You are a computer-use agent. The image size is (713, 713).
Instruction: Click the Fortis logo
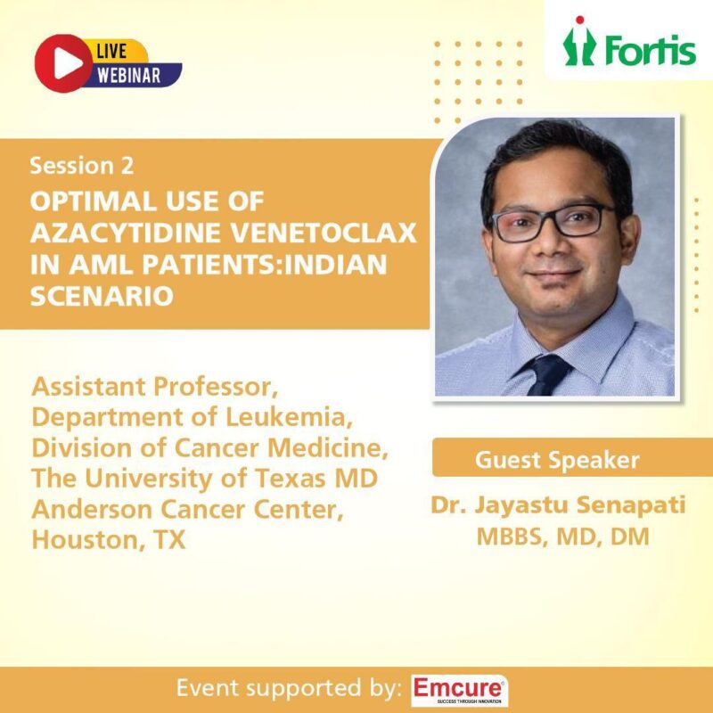pyautogui.click(x=629, y=45)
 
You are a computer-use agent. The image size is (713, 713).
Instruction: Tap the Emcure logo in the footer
pyautogui.click(x=459, y=690)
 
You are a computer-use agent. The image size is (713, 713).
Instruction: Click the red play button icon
pyautogui.click(x=59, y=60)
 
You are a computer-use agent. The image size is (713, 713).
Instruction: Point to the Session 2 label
pyautogui.click(x=82, y=166)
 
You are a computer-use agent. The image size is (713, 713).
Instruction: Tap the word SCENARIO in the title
pyautogui.click(x=102, y=296)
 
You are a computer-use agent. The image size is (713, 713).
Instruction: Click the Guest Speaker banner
pyautogui.click(x=556, y=460)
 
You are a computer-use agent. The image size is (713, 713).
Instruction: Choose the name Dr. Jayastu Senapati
pyautogui.click(x=559, y=505)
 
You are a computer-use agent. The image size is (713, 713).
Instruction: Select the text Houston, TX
pyautogui.click(x=109, y=539)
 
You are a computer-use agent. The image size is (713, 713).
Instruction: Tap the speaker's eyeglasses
pyautogui.click(x=553, y=220)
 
